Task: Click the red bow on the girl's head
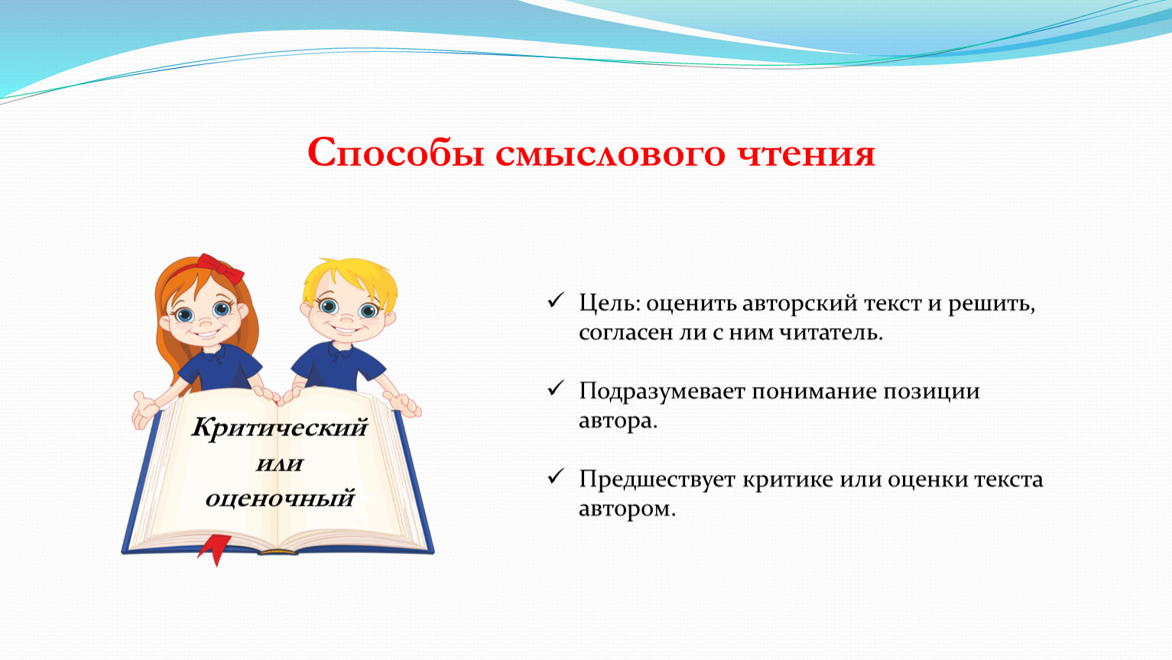[220, 268]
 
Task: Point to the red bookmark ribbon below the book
[215, 550]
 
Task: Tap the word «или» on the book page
[279, 464]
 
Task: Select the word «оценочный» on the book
[280, 498]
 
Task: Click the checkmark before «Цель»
[555, 300]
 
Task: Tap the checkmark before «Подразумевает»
[555, 388]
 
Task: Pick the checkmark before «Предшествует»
[555, 476]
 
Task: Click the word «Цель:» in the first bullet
[609, 303]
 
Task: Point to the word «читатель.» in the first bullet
[831, 332]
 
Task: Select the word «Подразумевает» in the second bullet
[662, 392]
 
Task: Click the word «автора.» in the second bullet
[618, 421]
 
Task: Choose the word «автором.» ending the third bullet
[628, 509]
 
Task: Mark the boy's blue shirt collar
[341, 351]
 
